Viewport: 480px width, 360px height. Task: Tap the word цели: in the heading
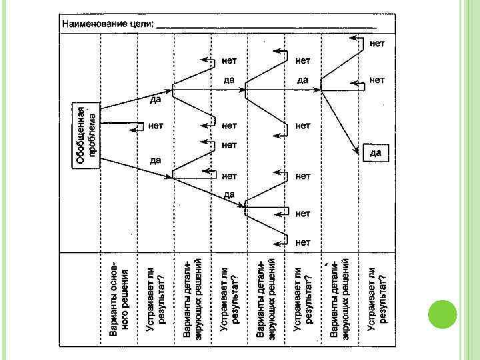pos(142,23)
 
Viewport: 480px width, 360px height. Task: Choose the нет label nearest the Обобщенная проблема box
pos(156,125)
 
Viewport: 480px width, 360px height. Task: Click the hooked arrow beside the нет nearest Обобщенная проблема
pos(139,125)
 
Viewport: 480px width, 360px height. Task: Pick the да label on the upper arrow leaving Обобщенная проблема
pos(155,100)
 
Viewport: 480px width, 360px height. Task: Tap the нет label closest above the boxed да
pos(377,80)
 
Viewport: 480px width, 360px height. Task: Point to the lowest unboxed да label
pos(229,194)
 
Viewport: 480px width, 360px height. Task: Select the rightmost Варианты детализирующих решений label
pos(340,296)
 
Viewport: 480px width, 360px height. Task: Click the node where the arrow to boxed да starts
pos(322,90)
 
